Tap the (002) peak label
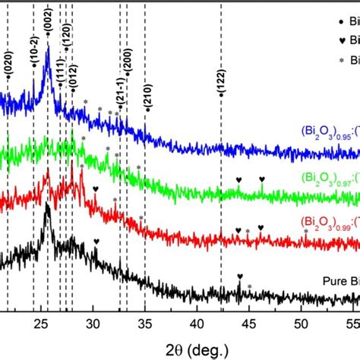tap(48, 24)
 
